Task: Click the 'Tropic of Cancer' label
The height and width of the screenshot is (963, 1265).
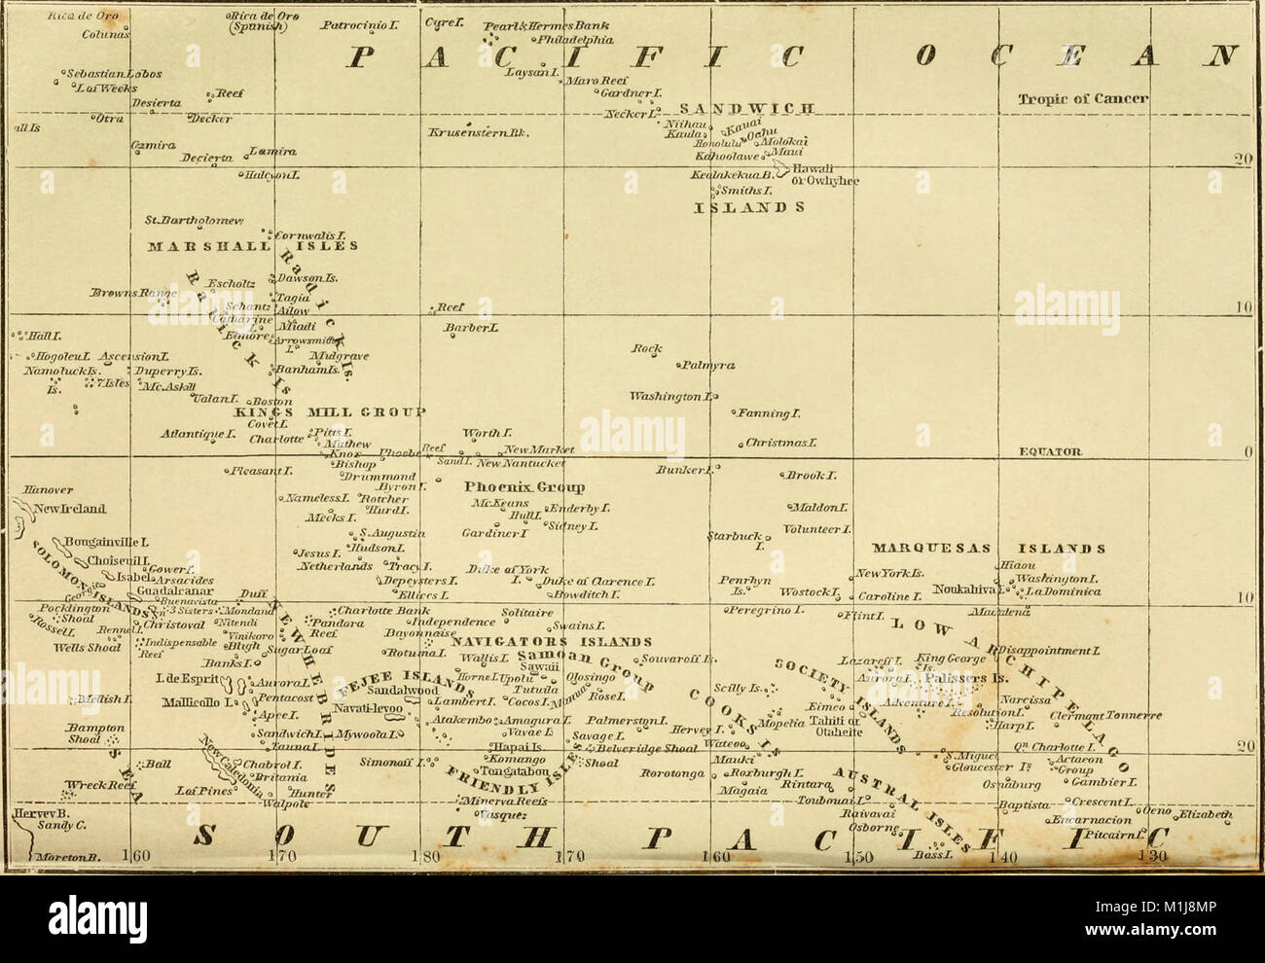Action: coord(1083,98)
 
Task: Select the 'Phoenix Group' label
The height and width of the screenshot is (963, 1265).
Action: coord(524,486)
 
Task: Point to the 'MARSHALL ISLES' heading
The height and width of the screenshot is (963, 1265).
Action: coord(239,246)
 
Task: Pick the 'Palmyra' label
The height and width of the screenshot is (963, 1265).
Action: coord(708,365)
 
